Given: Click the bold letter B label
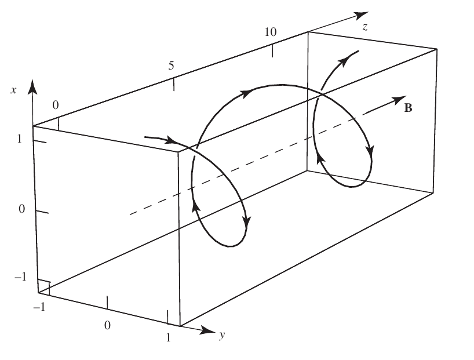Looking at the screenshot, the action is (x=408, y=108).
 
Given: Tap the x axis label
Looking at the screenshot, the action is (x=13, y=90).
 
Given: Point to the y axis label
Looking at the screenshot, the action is (x=222, y=335).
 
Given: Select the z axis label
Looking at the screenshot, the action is (x=365, y=27).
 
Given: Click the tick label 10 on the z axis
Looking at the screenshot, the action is (x=270, y=32).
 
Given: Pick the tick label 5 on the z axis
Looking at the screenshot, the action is (x=172, y=66).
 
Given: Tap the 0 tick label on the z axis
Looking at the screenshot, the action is (x=55, y=105).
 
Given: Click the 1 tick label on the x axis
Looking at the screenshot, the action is (x=20, y=139).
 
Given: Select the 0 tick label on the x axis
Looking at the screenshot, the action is (x=21, y=209).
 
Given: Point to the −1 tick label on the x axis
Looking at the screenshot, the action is (x=20, y=277).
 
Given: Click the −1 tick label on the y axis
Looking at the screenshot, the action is (x=39, y=307).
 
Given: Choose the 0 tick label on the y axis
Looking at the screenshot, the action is (x=107, y=325).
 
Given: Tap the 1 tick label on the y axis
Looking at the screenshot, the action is (x=169, y=337).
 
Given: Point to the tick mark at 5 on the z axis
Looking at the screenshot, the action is (x=173, y=85).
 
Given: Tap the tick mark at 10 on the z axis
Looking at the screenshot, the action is (x=273, y=50).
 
